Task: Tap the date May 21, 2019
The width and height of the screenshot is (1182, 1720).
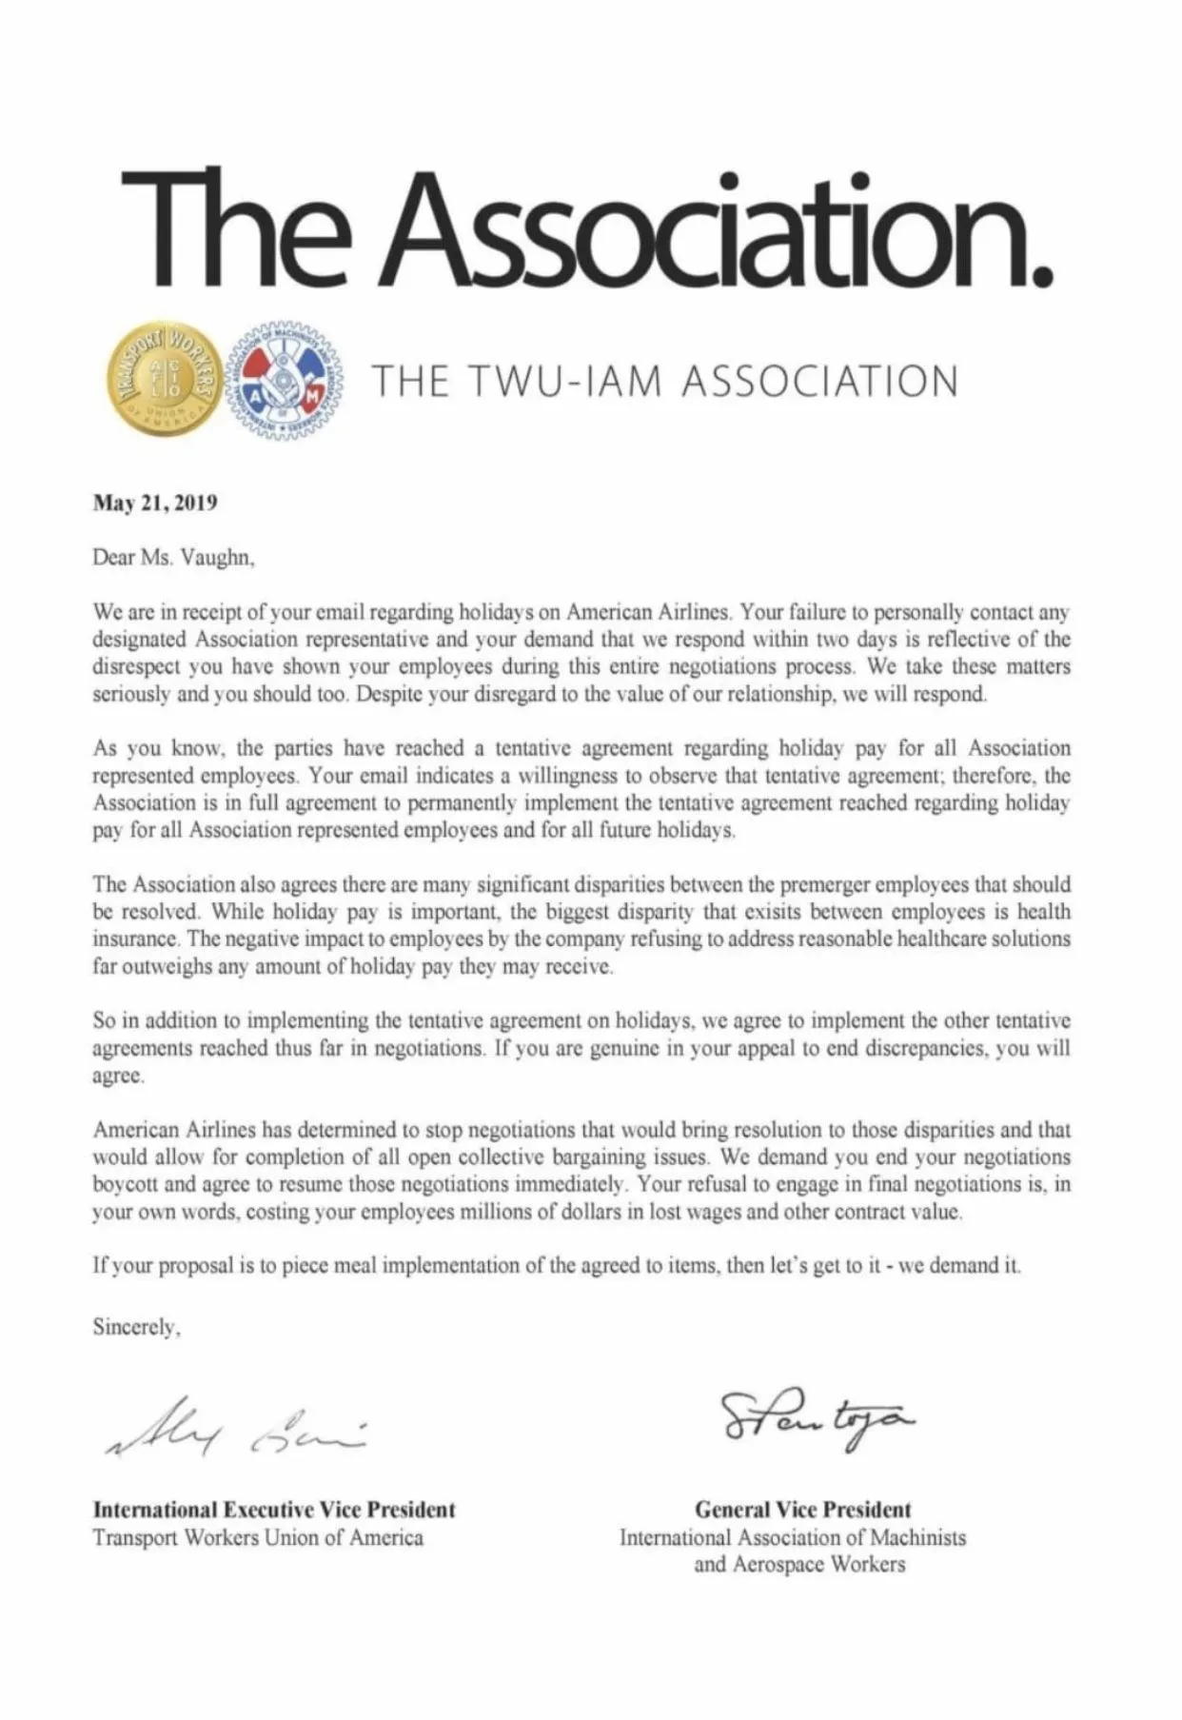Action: tap(155, 503)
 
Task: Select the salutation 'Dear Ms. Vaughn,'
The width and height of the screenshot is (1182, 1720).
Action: tap(173, 558)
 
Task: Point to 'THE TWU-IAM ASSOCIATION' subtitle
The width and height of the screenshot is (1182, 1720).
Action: tap(665, 382)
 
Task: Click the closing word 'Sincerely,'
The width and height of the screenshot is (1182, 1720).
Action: tap(136, 1327)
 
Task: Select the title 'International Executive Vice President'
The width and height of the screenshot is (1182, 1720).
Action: tap(274, 1510)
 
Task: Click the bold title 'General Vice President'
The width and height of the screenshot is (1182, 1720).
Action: tap(802, 1510)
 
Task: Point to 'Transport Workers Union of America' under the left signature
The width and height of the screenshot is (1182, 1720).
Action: tap(258, 1537)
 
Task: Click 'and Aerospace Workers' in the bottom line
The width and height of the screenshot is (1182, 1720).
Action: tap(799, 1564)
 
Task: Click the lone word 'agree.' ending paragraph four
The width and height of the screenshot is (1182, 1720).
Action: tap(118, 1077)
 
